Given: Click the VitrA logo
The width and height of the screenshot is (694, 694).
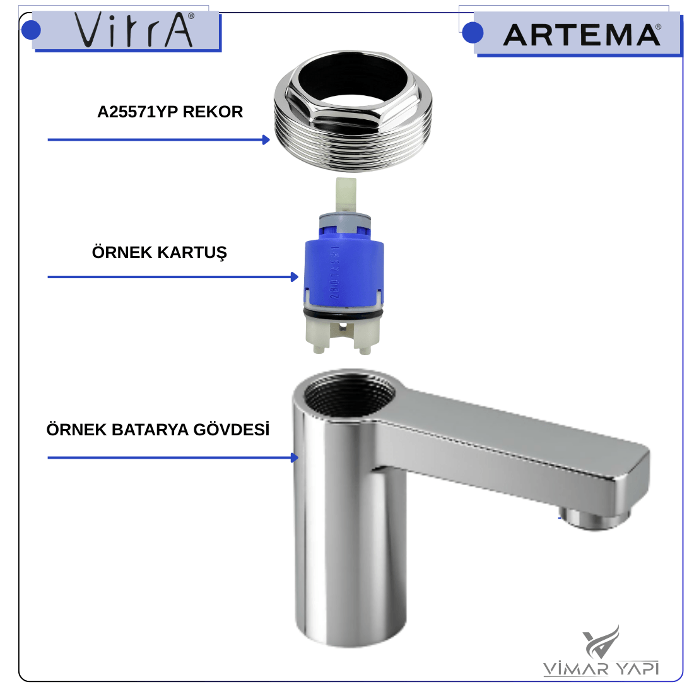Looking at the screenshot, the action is click(134, 30).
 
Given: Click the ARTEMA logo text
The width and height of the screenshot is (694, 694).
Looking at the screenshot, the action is click(582, 35).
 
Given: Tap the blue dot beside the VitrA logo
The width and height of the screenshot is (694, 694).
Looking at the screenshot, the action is click(31, 30).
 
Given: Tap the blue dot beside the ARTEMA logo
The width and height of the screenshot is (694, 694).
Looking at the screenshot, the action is click(473, 33).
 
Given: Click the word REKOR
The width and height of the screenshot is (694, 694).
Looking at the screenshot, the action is click(213, 112).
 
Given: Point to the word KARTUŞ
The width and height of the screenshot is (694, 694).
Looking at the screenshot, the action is click(192, 253).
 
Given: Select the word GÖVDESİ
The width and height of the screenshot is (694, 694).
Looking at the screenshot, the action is click(232, 429).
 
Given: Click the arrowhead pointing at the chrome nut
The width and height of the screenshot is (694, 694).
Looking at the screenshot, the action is click(266, 140).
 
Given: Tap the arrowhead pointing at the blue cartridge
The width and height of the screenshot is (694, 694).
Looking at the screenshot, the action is click(295, 277).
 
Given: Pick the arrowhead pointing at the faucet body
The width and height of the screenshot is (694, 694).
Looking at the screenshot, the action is click(295, 457).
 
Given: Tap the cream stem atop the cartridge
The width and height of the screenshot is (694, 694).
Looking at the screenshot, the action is click(346, 195).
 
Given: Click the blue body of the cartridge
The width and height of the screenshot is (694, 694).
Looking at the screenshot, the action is click(344, 270).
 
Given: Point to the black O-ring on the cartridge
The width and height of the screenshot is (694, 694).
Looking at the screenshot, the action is click(343, 315).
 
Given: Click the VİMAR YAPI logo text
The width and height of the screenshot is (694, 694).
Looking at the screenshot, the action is click(601, 668).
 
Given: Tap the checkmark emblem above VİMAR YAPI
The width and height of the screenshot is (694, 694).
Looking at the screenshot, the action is click(601, 642).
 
